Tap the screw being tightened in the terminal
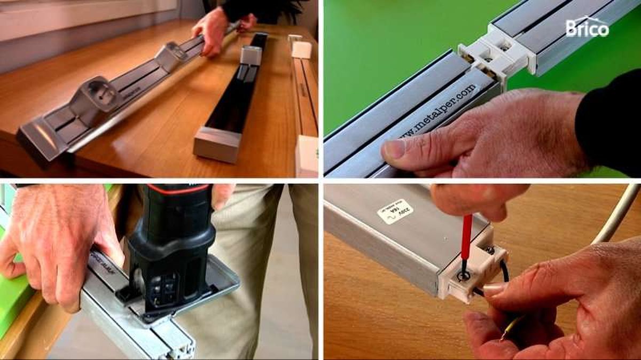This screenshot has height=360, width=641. point(463,276)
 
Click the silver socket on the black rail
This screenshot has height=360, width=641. point(251,55)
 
